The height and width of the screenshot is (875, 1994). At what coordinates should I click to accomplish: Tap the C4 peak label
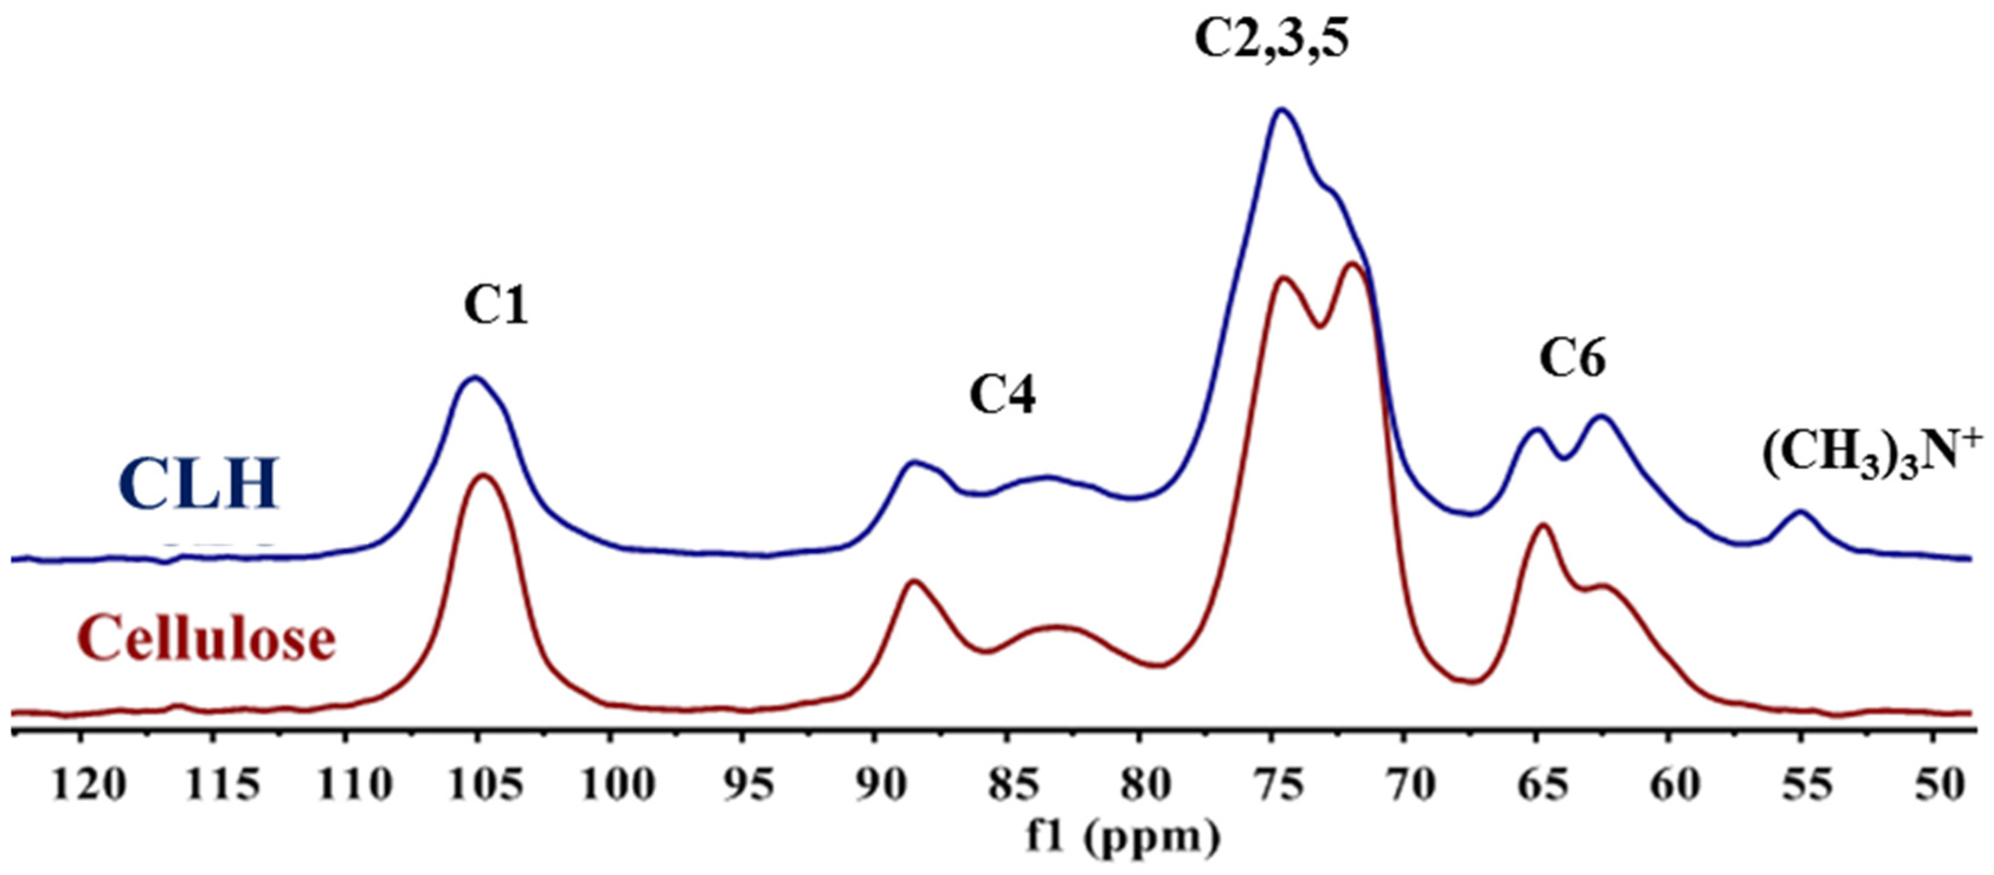(1002, 396)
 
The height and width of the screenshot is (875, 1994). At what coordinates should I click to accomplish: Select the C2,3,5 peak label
(1271, 40)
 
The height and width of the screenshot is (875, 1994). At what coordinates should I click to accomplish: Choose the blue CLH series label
(198, 484)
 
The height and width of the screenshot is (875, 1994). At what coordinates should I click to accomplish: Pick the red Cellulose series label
(207, 639)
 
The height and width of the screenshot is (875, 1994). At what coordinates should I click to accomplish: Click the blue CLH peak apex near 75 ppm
(1281, 110)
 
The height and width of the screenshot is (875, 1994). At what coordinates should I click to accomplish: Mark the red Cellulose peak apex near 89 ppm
(915, 581)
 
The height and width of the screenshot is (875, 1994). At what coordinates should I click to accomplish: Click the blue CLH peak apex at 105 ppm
(474, 377)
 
